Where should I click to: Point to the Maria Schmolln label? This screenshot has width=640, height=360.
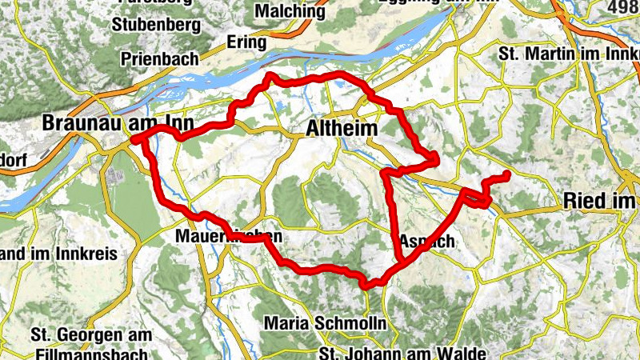tap(324, 324)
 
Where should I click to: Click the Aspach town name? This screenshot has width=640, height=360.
tap(426, 241)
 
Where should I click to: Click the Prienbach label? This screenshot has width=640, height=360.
tap(158, 58)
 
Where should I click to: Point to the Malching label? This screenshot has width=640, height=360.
tap(290, 12)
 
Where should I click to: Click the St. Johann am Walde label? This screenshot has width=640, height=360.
tap(402, 353)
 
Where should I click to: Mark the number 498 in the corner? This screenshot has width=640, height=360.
tap(625, 8)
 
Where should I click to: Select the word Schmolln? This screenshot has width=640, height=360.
tap(351, 324)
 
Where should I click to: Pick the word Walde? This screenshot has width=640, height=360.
tap(463, 353)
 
